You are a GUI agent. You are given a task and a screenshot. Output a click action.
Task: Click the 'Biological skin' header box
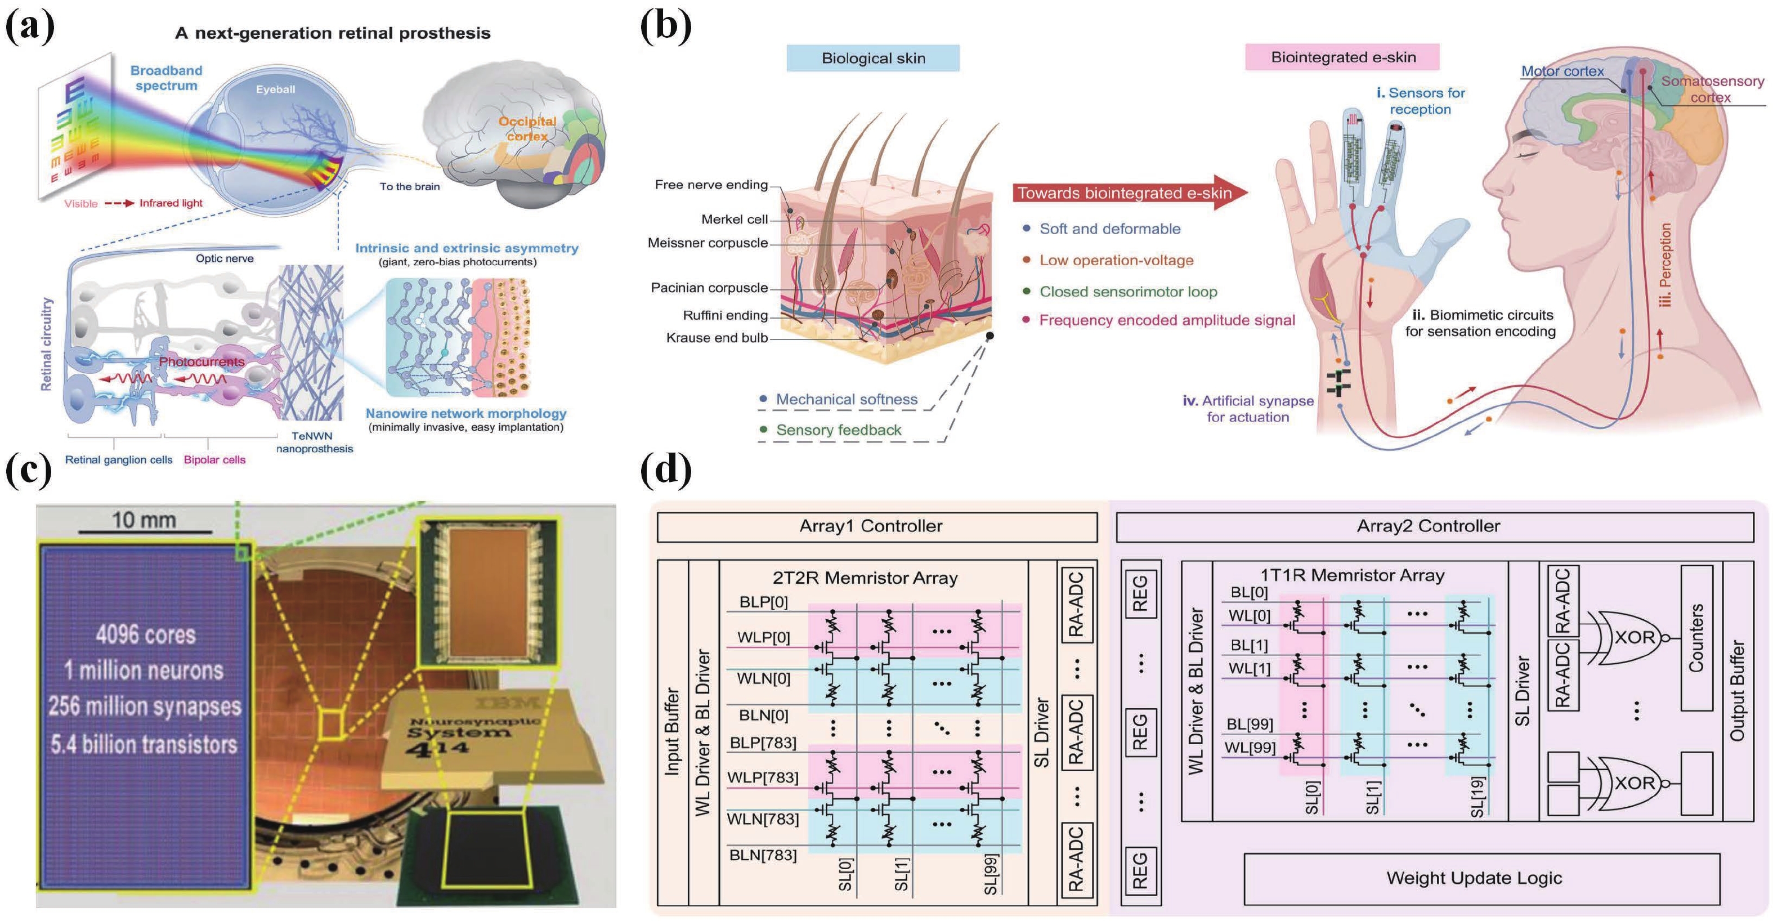pyautogui.click(x=873, y=59)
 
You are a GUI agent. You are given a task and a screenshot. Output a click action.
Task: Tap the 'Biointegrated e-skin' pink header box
pyautogui.click(x=1342, y=57)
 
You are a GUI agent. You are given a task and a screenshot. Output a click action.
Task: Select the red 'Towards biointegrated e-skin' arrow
pyautogui.click(x=1129, y=193)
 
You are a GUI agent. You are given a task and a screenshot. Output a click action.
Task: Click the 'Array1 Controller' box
pyautogui.click(x=870, y=526)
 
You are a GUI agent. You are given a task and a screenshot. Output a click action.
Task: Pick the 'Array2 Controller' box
pyautogui.click(x=1427, y=526)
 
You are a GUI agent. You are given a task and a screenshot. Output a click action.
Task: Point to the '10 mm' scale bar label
pyautogui.click(x=144, y=520)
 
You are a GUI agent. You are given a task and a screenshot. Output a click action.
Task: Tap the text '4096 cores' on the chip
pyautogui.click(x=145, y=634)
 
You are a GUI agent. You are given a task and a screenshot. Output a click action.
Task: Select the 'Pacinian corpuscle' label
pyautogui.click(x=709, y=288)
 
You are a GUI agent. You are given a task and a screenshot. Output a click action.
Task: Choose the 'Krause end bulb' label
pyautogui.click(x=717, y=338)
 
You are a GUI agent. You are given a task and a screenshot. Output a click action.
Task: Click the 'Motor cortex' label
pyautogui.click(x=1562, y=71)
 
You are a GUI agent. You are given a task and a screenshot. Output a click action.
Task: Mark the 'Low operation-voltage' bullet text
pyautogui.click(x=1116, y=260)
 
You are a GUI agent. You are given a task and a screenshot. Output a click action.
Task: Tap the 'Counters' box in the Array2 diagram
pyautogui.click(x=1696, y=637)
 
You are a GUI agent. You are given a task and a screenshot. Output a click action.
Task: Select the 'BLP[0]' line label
pyautogui.click(x=763, y=602)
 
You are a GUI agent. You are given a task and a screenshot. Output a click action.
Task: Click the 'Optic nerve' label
pyautogui.click(x=225, y=259)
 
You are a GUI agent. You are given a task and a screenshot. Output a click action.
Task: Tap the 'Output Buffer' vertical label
pyautogui.click(x=1737, y=690)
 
